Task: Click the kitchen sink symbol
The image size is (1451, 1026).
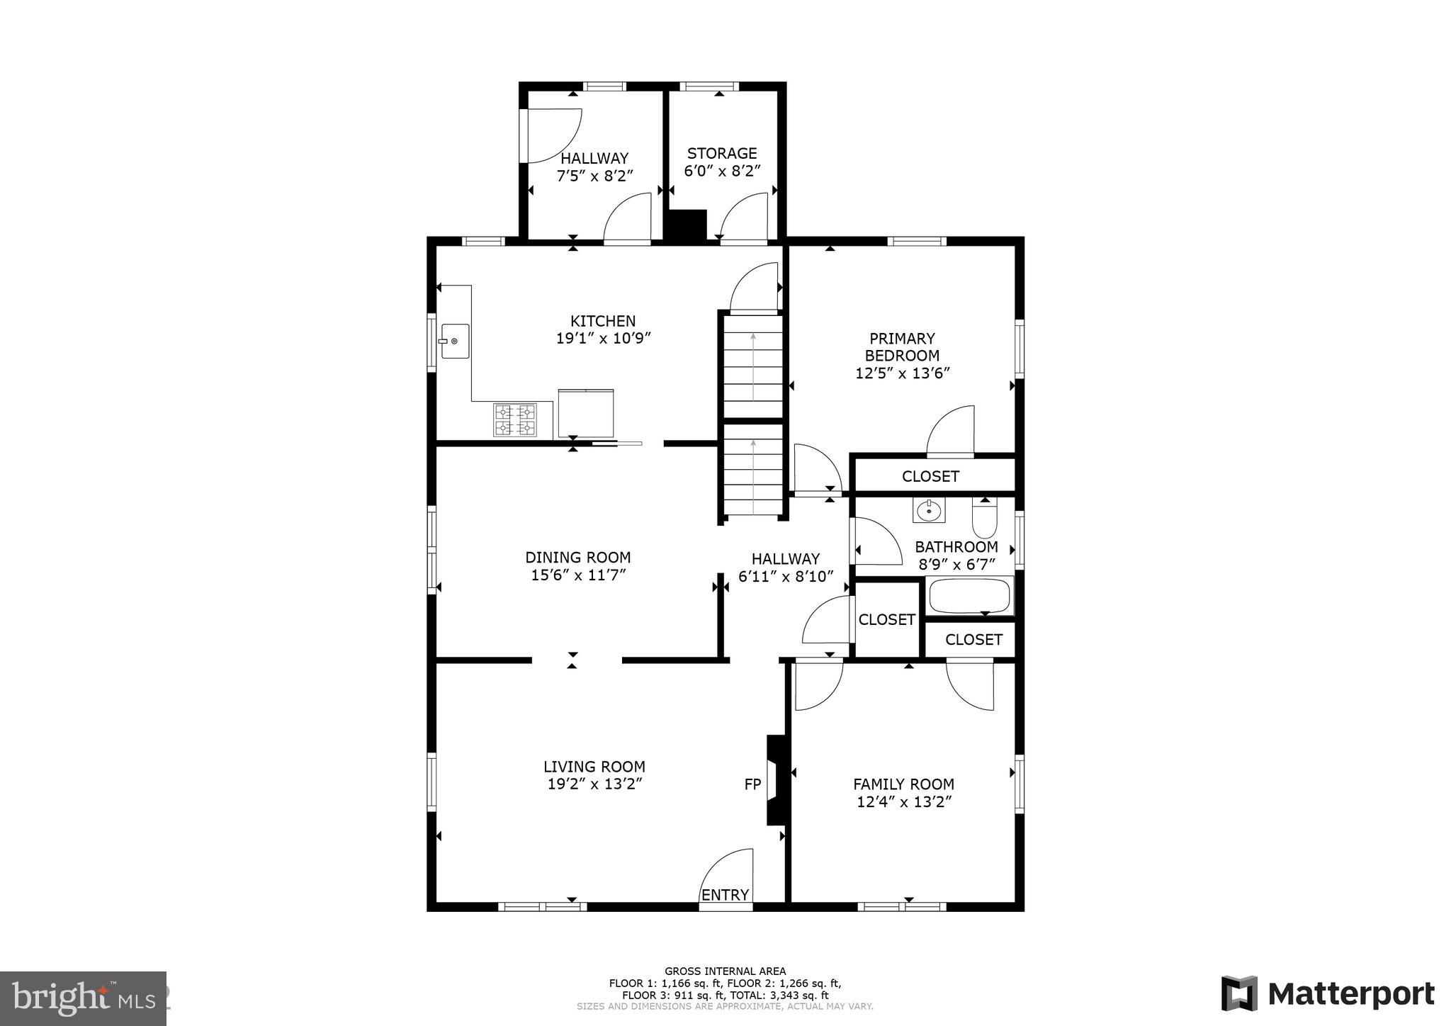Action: click(455, 341)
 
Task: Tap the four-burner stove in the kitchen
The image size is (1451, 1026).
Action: click(514, 419)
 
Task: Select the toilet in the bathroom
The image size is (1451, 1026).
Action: click(984, 519)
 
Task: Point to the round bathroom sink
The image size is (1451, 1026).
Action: click(928, 510)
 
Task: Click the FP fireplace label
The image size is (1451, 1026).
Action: click(752, 784)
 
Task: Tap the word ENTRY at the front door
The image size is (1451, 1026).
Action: click(725, 895)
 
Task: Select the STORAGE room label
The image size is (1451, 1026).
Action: click(722, 153)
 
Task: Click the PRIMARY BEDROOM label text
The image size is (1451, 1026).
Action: click(902, 347)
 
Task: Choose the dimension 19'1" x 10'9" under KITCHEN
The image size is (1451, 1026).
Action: click(603, 339)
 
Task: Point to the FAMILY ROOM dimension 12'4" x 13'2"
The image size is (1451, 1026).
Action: click(903, 802)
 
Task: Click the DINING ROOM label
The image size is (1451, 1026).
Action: click(577, 558)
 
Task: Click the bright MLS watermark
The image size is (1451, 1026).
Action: click(83, 998)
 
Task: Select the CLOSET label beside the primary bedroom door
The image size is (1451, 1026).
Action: click(930, 476)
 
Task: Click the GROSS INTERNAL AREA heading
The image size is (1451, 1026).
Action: click(725, 971)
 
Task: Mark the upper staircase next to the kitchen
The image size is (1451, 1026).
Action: click(752, 366)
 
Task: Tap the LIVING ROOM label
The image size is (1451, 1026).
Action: click(594, 767)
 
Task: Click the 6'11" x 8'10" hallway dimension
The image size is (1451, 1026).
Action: click(785, 577)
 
